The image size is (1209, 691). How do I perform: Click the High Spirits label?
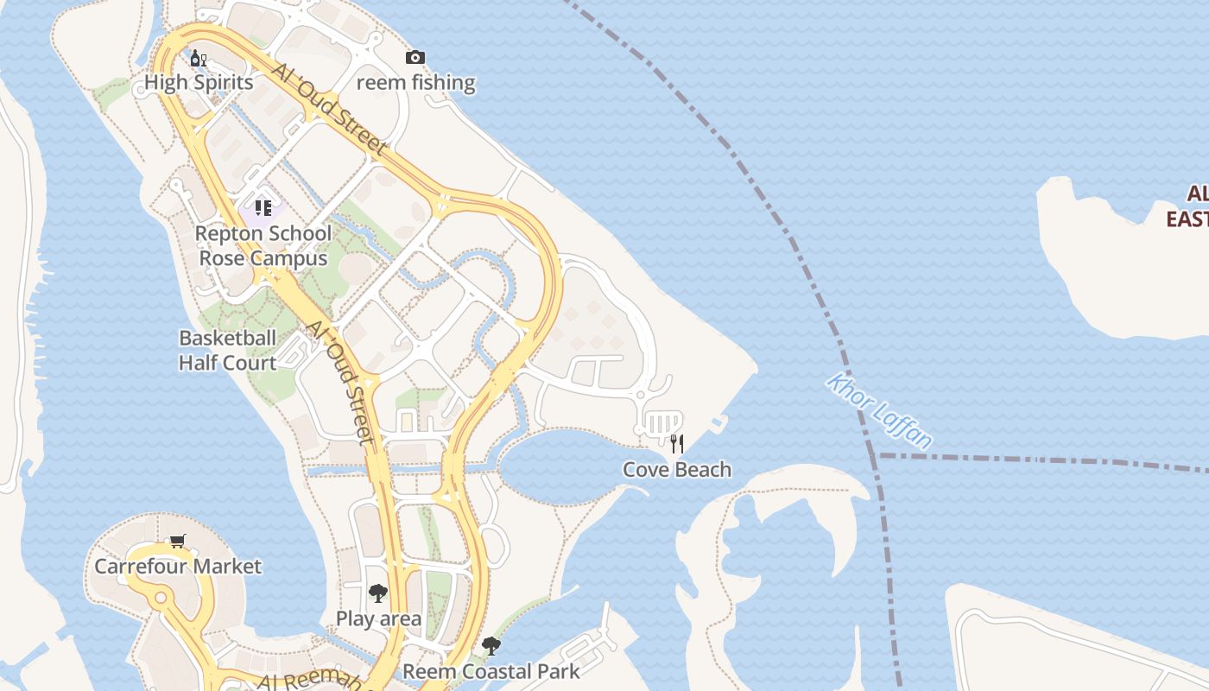(x=199, y=82)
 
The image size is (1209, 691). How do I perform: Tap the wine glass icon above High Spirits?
(x=198, y=59)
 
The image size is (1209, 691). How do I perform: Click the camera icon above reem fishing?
(x=415, y=58)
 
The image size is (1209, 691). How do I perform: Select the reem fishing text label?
(x=415, y=83)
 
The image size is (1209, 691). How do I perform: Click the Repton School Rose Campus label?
(x=263, y=245)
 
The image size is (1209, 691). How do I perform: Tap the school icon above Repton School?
(x=263, y=207)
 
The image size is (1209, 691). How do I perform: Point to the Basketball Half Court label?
(x=227, y=350)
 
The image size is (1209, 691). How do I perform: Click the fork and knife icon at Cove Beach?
(x=677, y=444)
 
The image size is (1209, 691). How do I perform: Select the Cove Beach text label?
(x=677, y=470)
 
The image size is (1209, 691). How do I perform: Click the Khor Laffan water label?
(x=879, y=411)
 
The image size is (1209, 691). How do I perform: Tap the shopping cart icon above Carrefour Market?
(x=177, y=542)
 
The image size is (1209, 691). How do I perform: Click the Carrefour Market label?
(x=177, y=567)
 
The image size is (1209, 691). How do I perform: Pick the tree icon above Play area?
(x=377, y=593)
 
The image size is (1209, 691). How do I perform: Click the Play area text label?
(x=378, y=618)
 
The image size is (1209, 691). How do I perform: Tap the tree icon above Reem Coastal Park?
(x=491, y=645)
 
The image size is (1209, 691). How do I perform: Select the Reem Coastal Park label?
(x=491, y=671)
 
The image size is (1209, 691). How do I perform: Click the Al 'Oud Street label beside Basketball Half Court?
(x=341, y=382)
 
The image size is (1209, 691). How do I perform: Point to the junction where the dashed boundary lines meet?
(x=878, y=454)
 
